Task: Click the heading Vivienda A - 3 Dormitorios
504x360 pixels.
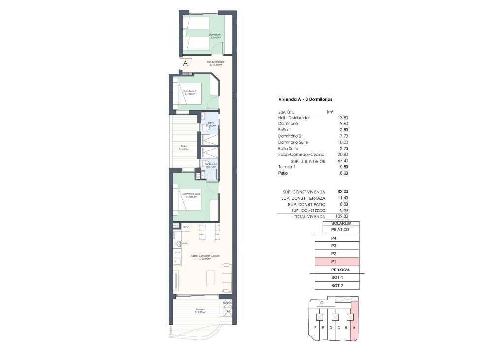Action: [x=305, y=100]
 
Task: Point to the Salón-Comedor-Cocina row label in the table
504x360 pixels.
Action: [x=301, y=155]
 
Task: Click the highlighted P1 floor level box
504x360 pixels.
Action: [x=337, y=262]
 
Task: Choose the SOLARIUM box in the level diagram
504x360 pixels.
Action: [x=341, y=224]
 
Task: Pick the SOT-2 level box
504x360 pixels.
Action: [x=337, y=286]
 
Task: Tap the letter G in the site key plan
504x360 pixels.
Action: [x=321, y=303]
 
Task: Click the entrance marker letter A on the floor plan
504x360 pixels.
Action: [x=185, y=63]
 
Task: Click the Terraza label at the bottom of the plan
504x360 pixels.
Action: [x=200, y=310]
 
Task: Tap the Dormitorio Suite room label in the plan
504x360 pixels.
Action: [x=191, y=194]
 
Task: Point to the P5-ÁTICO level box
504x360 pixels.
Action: [x=341, y=230]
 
